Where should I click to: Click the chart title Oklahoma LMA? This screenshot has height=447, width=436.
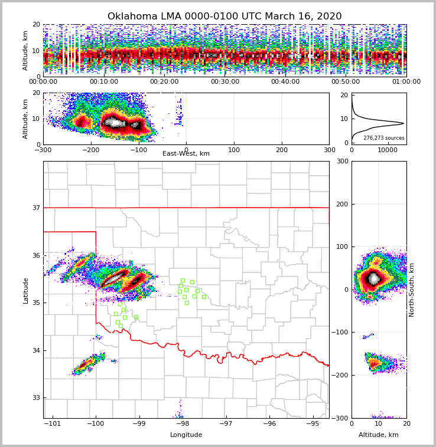(x=224, y=17)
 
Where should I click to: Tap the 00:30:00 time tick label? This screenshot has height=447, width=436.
(x=224, y=82)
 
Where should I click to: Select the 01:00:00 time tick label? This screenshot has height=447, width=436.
(x=406, y=82)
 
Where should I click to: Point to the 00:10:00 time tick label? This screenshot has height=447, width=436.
(x=103, y=82)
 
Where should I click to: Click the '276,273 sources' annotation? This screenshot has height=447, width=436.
(x=383, y=138)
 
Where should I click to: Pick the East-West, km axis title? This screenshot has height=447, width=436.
(x=186, y=154)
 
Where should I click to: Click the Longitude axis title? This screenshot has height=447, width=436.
(x=186, y=435)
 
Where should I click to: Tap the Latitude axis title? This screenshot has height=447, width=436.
(x=25, y=290)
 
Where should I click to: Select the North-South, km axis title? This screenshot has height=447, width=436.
(x=412, y=290)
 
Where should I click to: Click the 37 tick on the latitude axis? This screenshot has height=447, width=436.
(x=36, y=208)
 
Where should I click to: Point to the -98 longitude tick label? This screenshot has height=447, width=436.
(x=183, y=423)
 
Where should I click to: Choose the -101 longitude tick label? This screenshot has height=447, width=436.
(x=53, y=423)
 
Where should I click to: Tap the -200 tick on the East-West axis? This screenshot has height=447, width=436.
(x=90, y=150)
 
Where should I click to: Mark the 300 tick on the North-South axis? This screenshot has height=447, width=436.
(x=343, y=162)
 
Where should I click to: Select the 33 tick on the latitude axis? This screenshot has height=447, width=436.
(x=36, y=398)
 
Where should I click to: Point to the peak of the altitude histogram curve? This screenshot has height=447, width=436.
(x=404, y=123)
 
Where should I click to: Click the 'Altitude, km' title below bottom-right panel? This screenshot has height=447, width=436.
(x=379, y=435)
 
